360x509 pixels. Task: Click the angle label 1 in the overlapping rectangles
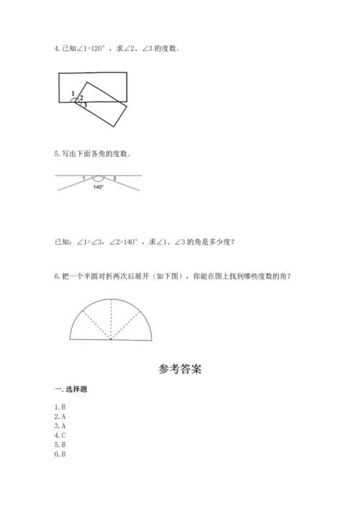(73, 94)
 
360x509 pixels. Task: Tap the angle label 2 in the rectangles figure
(81, 98)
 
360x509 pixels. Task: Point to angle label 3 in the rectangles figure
(85, 105)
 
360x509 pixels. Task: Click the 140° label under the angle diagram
(99, 187)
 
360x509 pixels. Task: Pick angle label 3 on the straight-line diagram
(114, 178)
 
